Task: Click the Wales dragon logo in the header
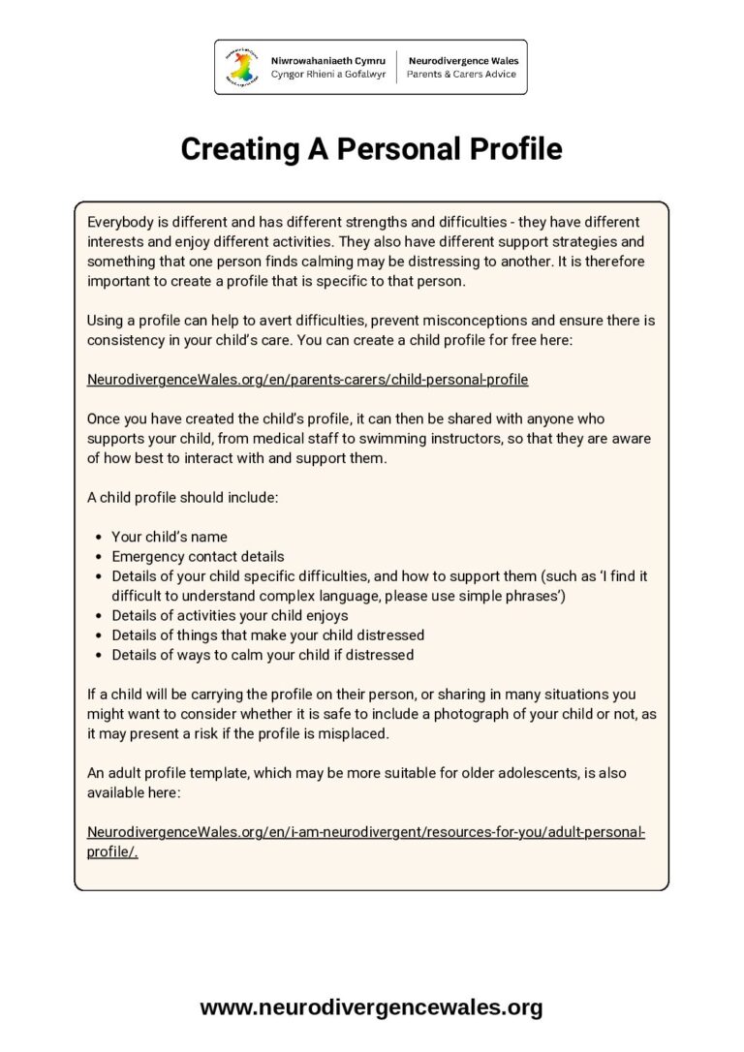click(x=242, y=66)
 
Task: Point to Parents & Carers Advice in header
click(x=462, y=74)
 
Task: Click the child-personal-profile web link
click(x=307, y=379)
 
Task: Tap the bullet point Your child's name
click(x=170, y=537)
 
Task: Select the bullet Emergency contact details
click(x=198, y=556)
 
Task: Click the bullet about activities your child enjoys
click(x=230, y=615)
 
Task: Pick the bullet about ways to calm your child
click(x=263, y=655)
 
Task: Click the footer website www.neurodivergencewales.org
click(x=371, y=1007)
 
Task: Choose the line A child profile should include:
click(x=182, y=497)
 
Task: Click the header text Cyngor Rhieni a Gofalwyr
click(x=327, y=74)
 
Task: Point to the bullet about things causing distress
click(x=267, y=634)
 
